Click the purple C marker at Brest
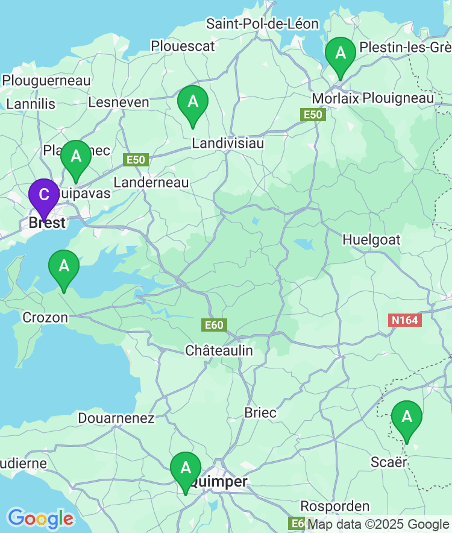(44, 195)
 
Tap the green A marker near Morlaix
(341, 54)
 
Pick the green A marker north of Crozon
(64, 266)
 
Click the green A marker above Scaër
(407, 417)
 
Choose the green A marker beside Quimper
(186, 468)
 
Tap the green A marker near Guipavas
(76, 157)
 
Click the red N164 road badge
(404, 320)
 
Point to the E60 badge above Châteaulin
(214, 326)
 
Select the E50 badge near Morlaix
(313, 115)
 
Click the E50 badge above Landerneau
(136, 160)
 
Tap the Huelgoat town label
(371, 240)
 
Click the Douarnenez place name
(116, 418)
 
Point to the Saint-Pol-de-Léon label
(262, 24)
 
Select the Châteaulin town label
(219, 350)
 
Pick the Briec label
(260, 413)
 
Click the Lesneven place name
(119, 102)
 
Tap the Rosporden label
(335, 506)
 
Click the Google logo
(40, 519)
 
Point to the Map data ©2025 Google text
(378, 524)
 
